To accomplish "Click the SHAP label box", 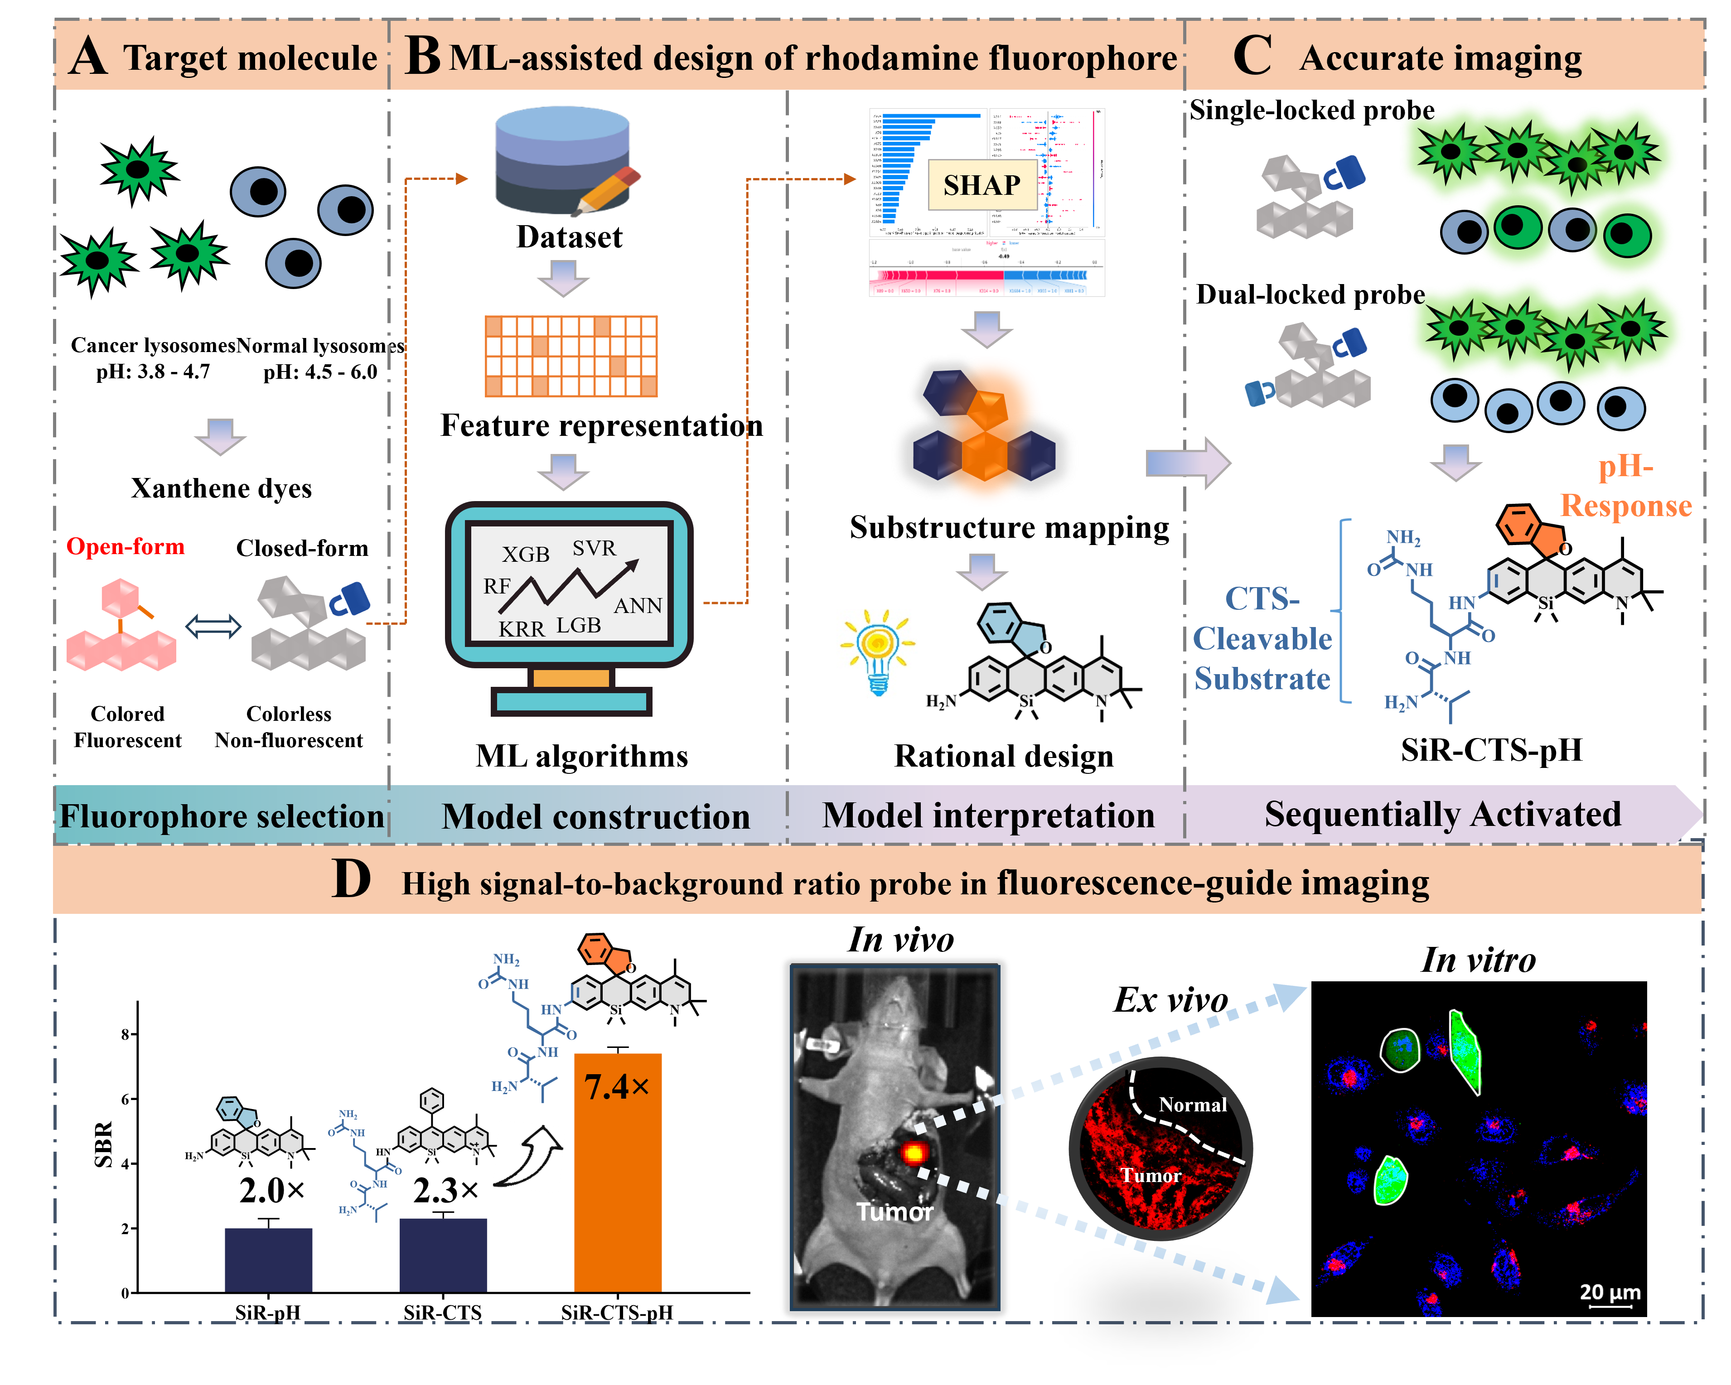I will pos(982,185).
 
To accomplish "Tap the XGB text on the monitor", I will pos(526,554).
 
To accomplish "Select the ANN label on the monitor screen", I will pos(638,605).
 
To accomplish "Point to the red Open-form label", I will pos(125,547).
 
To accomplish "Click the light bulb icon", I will pos(877,653).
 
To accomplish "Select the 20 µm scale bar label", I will pos(1610,1292).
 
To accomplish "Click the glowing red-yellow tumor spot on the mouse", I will pos(913,1153).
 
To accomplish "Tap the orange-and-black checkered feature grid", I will pos(571,356).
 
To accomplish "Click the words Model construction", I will pos(596,816).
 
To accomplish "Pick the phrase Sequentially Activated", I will pos(1443,814).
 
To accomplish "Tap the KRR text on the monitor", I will pos(521,629).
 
